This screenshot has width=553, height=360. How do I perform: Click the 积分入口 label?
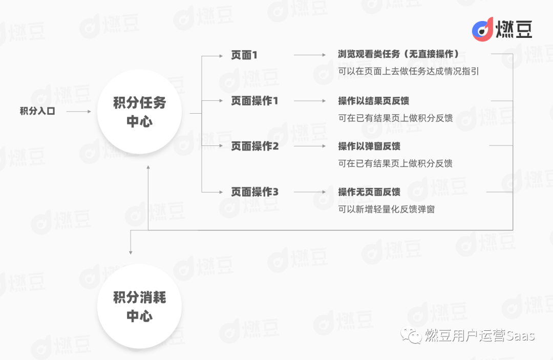37,111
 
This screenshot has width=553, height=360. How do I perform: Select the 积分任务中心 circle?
139,112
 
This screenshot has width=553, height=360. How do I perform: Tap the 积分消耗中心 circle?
139,307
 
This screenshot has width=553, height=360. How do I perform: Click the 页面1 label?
244,55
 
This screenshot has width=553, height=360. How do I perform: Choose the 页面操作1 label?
254,101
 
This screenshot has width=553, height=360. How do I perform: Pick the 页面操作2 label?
254,146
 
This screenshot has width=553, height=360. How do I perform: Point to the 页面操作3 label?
254,192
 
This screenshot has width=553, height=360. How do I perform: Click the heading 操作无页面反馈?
369,192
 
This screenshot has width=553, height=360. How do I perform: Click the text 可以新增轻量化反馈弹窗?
386,209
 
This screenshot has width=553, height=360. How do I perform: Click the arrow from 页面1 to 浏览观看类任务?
310,55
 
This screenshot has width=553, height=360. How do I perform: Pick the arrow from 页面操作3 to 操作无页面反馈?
310,192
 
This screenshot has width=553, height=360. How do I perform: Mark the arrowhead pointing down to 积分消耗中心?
131,251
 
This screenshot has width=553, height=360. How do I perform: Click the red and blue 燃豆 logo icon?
482,29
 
